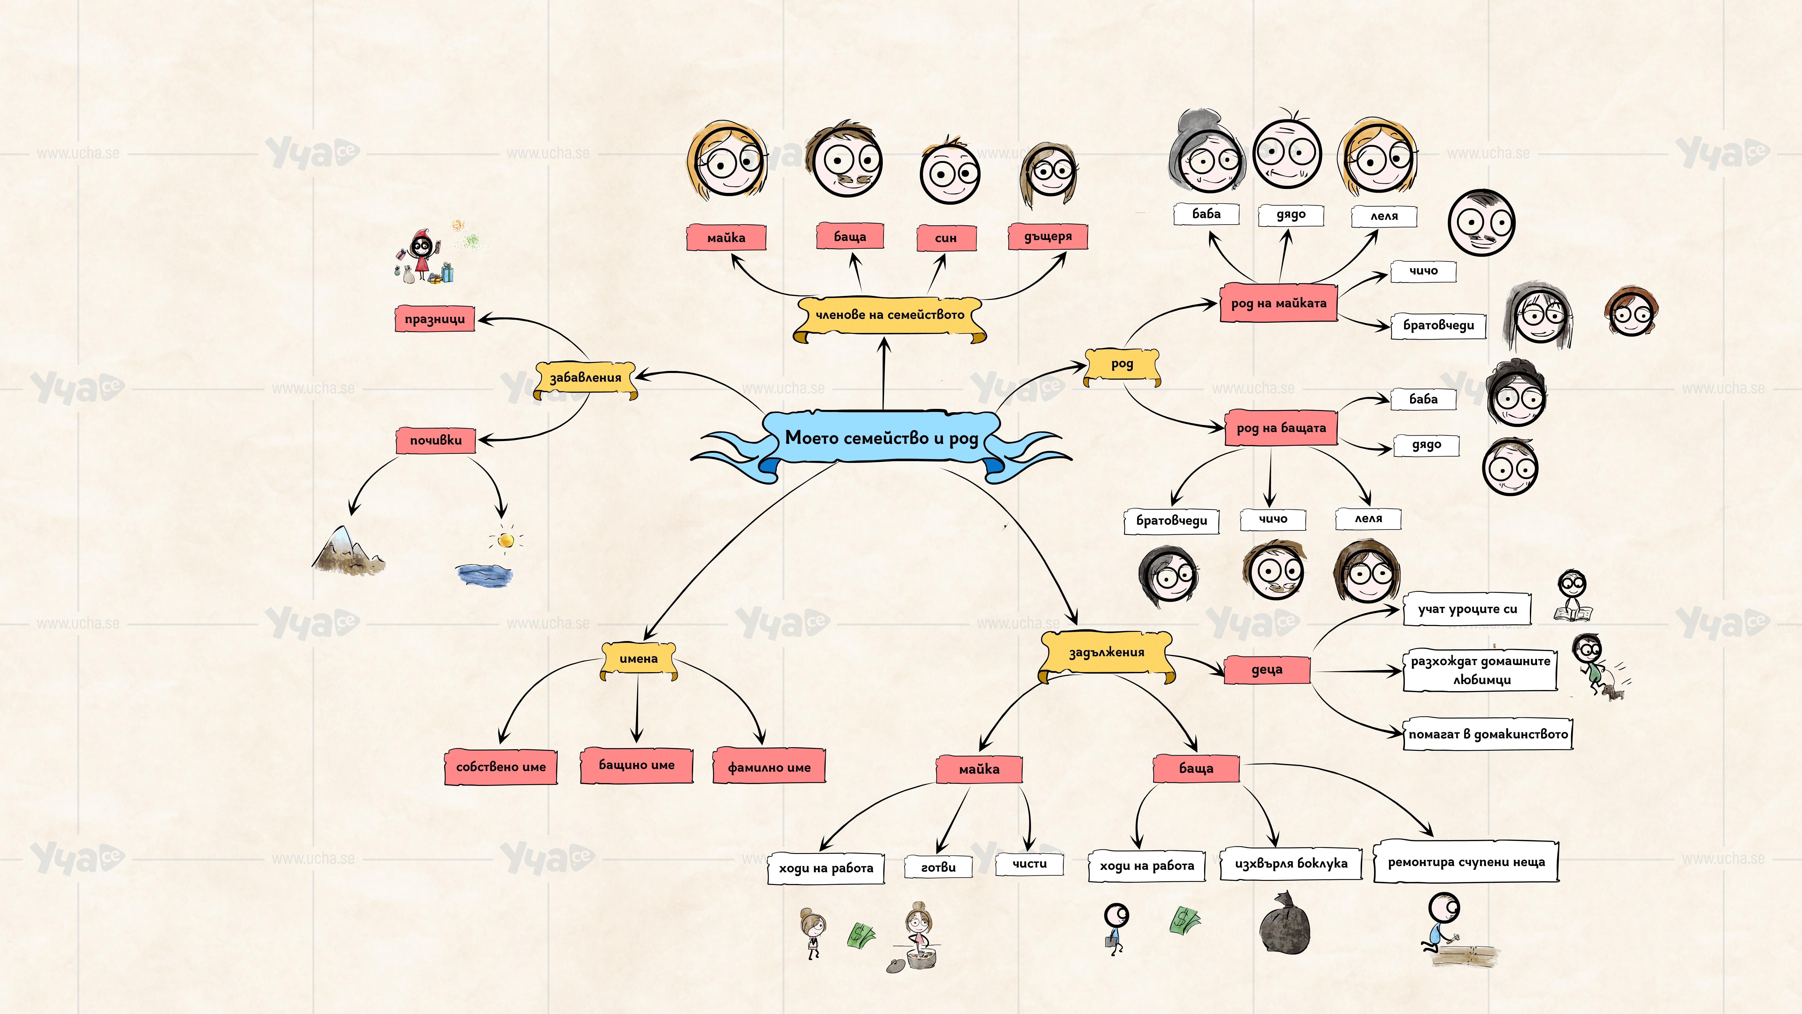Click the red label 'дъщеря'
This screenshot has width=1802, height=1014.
1047,237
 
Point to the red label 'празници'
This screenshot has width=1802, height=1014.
435,319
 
